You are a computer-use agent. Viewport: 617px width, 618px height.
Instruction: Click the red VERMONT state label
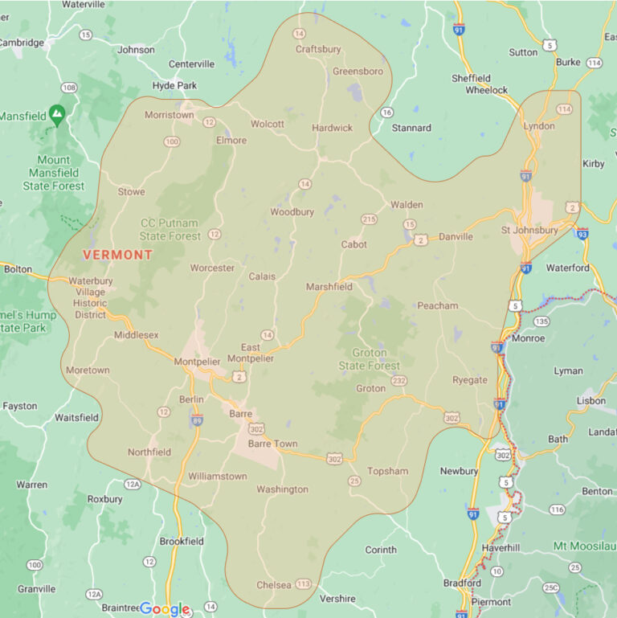tap(117, 255)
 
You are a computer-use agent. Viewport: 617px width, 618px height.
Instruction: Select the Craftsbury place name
tap(318, 49)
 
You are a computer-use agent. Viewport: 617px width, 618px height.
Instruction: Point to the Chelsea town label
tap(273, 585)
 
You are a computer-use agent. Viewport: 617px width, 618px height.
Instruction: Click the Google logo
tap(165, 608)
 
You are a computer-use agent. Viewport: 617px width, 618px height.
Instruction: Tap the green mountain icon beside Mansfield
tap(56, 116)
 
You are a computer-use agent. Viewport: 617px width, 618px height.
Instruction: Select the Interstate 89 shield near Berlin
tap(197, 420)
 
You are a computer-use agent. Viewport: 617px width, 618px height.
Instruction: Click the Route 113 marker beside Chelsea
tap(303, 583)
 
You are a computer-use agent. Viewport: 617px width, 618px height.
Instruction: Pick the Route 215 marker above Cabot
tap(369, 219)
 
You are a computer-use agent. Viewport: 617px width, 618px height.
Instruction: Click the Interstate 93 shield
tap(582, 233)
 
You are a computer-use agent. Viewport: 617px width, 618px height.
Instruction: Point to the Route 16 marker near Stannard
tap(386, 113)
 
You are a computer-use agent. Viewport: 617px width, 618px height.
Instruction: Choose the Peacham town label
tap(438, 305)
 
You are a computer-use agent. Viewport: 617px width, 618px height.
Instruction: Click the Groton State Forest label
tap(369, 359)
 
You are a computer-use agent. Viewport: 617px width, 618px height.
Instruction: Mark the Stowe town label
tap(132, 192)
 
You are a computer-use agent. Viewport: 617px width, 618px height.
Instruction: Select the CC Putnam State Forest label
tap(170, 230)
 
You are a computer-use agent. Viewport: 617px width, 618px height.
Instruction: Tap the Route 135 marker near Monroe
tap(542, 321)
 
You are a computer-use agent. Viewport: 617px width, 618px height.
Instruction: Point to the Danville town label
tap(456, 237)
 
